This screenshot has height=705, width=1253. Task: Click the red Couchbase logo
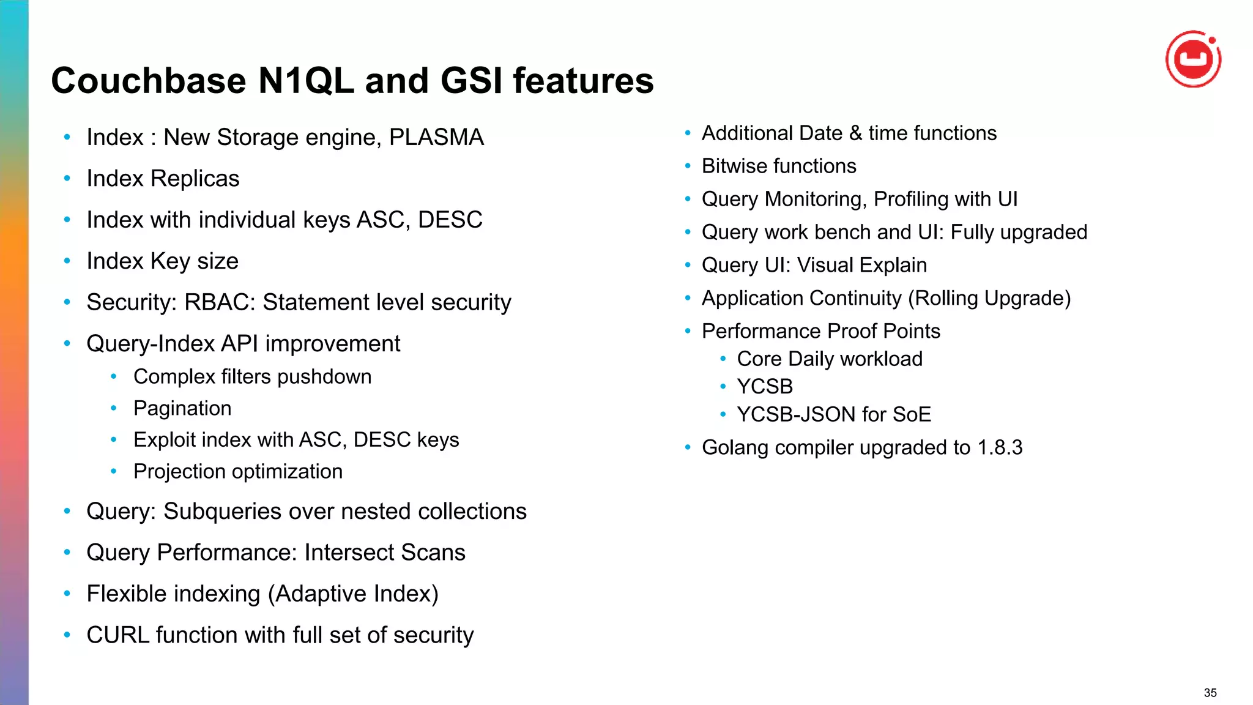point(1193,59)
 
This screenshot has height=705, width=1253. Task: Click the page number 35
point(1210,693)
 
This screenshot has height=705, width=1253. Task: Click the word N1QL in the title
point(306,81)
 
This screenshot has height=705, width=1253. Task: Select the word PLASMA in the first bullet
point(436,137)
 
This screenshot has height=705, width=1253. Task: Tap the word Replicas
point(195,179)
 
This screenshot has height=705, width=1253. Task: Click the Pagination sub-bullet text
point(182,408)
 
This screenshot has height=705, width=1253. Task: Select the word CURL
point(117,635)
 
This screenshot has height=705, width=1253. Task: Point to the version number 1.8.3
point(999,448)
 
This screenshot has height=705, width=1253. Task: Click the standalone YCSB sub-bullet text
point(764,387)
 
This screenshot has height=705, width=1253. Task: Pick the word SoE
point(912,415)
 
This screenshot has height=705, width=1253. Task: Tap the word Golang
point(735,448)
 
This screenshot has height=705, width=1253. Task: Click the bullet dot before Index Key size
point(67,261)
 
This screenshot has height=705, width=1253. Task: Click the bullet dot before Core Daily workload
point(723,359)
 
